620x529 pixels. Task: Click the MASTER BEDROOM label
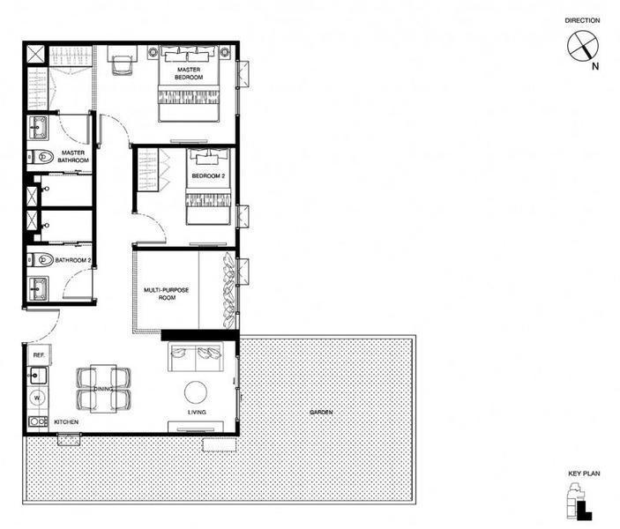(x=189, y=73)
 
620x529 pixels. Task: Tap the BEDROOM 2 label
(x=208, y=176)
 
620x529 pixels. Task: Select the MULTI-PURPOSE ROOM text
(x=167, y=294)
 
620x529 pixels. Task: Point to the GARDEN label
(x=321, y=413)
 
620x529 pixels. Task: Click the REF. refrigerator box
(x=39, y=355)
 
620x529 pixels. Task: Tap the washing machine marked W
(x=38, y=398)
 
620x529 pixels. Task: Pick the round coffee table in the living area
(x=196, y=392)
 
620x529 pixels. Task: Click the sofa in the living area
(x=195, y=357)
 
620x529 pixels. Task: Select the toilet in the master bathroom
(x=41, y=157)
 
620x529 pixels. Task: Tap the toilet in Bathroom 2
(x=41, y=260)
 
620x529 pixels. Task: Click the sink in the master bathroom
(x=38, y=127)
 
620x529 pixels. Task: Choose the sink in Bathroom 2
(x=38, y=287)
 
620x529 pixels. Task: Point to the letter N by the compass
(x=595, y=66)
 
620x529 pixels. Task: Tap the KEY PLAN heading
(x=584, y=473)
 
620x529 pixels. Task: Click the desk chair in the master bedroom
(x=122, y=65)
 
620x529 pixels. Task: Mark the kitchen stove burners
(x=38, y=421)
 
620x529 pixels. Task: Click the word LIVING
(x=197, y=412)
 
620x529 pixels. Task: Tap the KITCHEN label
(x=66, y=421)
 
